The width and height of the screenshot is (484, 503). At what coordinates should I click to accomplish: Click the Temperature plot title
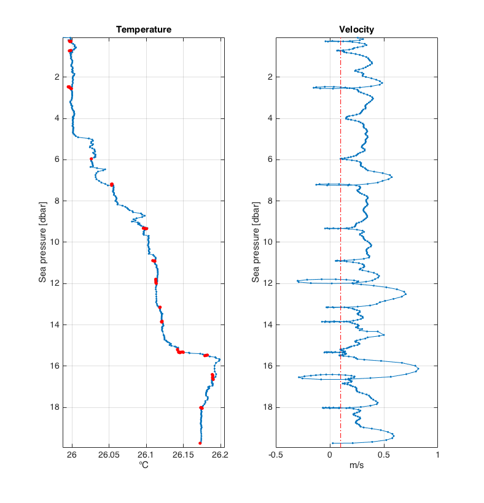pos(144,29)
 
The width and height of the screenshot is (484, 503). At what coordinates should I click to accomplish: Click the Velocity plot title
pos(356,29)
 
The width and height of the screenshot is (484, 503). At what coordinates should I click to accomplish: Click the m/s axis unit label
pos(356,466)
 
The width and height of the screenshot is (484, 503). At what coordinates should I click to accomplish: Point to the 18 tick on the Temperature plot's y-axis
pos(56,407)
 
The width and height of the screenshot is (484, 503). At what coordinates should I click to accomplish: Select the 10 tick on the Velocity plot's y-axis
pos(268,242)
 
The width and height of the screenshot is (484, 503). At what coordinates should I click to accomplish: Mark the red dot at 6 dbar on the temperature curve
pos(92,159)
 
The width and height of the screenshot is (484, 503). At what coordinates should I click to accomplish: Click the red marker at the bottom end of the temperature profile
pos(200,443)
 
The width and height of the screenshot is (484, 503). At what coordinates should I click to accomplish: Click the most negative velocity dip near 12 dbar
pos(297,281)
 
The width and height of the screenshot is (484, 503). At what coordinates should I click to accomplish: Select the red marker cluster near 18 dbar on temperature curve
pos(201,408)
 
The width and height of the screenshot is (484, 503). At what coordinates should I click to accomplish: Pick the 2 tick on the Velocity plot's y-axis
pos(270,77)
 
